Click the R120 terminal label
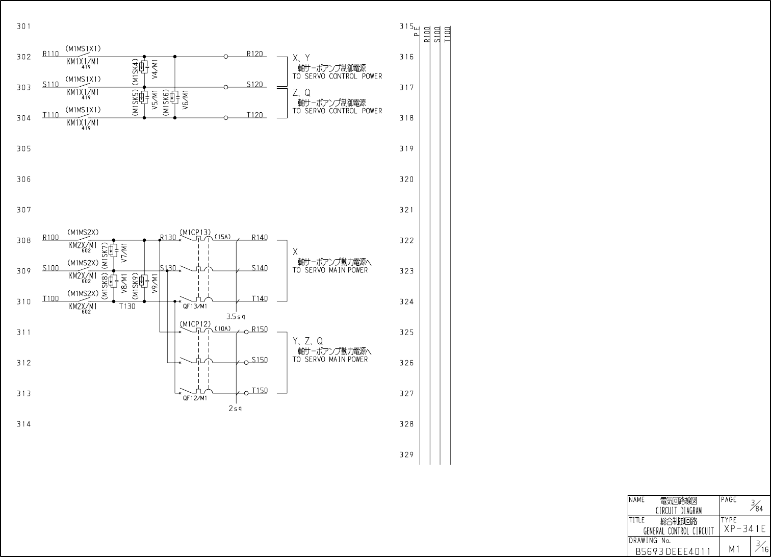[254, 54]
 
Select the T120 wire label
[254, 115]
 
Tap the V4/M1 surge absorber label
[155, 68]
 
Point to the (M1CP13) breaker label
[195, 233]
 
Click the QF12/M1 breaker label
[195, 398]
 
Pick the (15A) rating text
[222, 237]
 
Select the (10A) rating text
[222, 328]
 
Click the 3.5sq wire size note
[236, 317]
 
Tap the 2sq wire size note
[235, 409]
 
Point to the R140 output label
[260, 237]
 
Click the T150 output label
[260, 390]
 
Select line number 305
[24, 148]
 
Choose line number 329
[406, 454]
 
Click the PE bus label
[417, 31]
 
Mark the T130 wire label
[127, 307]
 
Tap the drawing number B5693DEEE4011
[673, 551]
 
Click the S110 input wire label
[50, 84]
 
